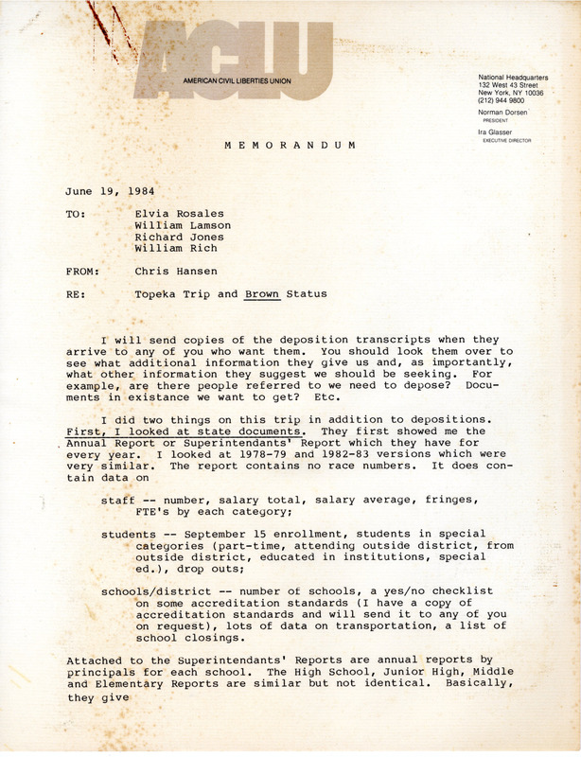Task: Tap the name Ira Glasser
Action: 497,132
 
